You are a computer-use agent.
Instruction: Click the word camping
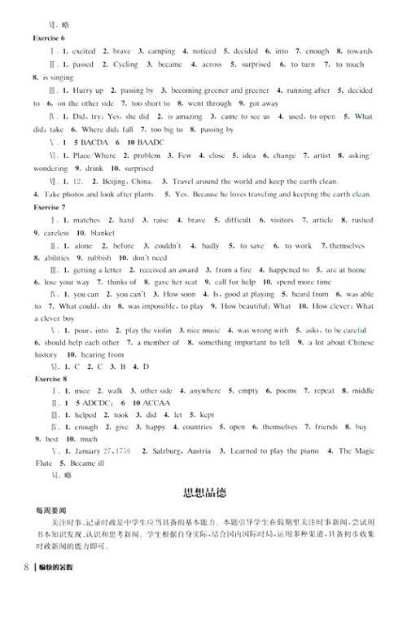click(161, 50)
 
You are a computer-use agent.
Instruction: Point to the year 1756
click(120, 450)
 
